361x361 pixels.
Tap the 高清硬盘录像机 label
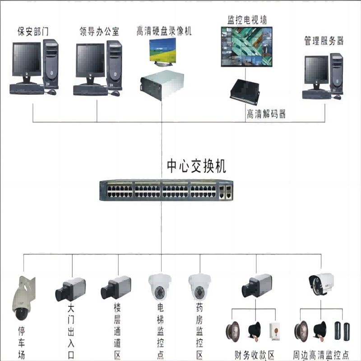(164, 31)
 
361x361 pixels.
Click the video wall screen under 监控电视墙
(247, 46)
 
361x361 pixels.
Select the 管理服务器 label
(324, 41)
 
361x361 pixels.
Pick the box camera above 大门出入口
(70, 289)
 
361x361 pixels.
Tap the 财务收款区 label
(255, 354)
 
